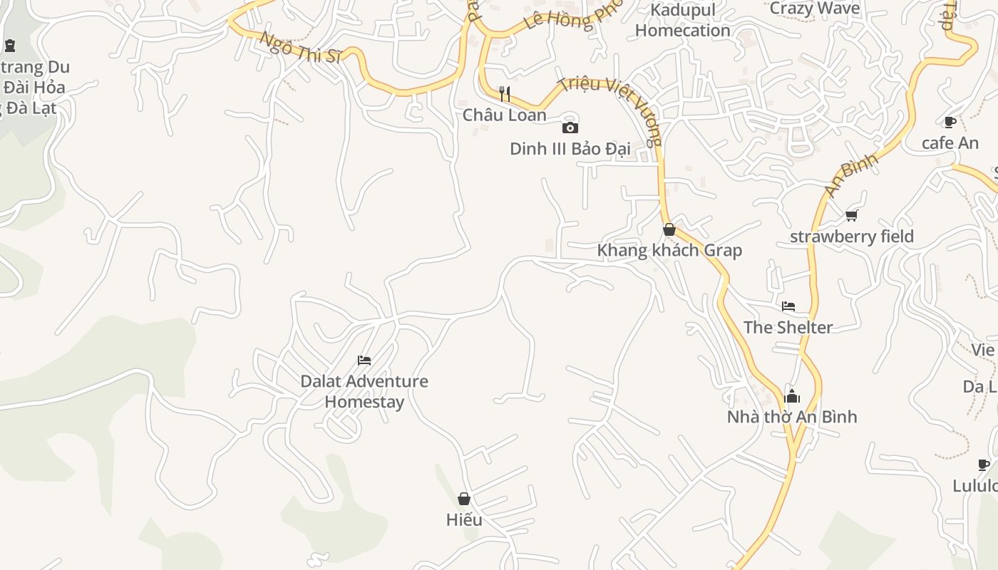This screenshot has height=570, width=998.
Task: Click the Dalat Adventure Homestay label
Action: pos(364,391)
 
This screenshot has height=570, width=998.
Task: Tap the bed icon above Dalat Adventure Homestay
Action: pos(364,360)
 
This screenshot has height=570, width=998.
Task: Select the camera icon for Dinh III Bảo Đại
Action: pos(570,128)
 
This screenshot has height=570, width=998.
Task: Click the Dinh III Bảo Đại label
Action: pos(570,149)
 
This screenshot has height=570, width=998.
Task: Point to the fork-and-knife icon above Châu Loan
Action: pos(505,93)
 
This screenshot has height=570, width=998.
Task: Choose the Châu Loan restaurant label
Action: pos(505,115)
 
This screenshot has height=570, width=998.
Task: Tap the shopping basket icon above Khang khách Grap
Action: pos(669,229)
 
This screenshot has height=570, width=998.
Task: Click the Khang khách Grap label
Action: pos(669,250)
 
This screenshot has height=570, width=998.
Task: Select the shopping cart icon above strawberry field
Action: pos(851,215)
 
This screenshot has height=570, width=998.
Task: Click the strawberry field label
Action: pos(851,237)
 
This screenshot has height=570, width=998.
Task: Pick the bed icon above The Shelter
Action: pos(788,306)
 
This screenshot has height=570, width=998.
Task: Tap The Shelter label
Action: pos(788,328)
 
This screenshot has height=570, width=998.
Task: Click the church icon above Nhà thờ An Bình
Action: pos(792,396)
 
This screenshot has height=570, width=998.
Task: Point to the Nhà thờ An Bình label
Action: pos(792,417)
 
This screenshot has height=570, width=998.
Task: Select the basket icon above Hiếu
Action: pos(464,499)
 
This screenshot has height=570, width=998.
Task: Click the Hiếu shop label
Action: pos(464,520)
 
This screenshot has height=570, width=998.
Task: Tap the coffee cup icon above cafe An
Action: pos(950,122)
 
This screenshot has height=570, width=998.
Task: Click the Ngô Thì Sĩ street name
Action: pos(300,48)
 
